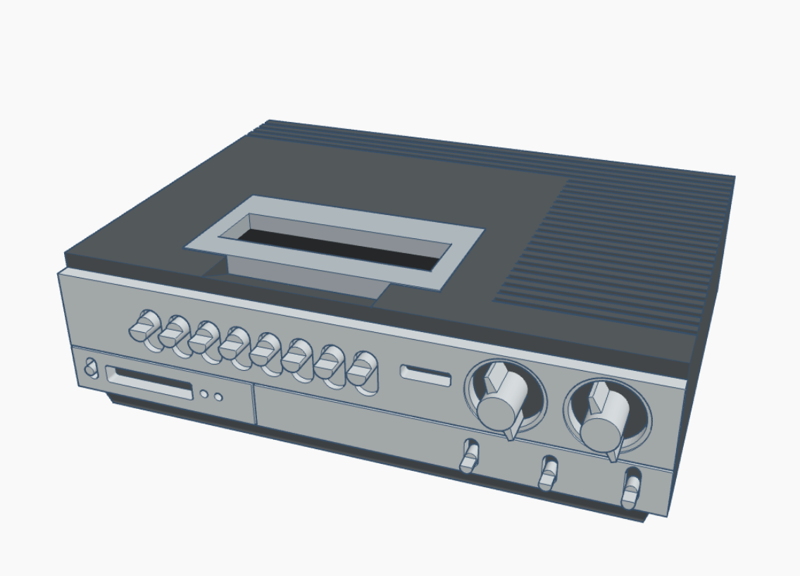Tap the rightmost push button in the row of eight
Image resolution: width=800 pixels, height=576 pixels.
tap(364, 370)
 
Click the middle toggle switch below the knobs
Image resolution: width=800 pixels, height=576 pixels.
tap(546, 472)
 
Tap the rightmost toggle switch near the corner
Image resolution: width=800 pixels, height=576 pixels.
tap(631, 489)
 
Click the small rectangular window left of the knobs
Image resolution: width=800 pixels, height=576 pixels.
tap(425, 375)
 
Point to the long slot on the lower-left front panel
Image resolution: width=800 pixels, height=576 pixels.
tap(149, 381)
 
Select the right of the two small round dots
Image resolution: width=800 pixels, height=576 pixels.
tap(218, 398)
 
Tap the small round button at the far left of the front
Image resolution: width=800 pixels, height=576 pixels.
tap(90, 368)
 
